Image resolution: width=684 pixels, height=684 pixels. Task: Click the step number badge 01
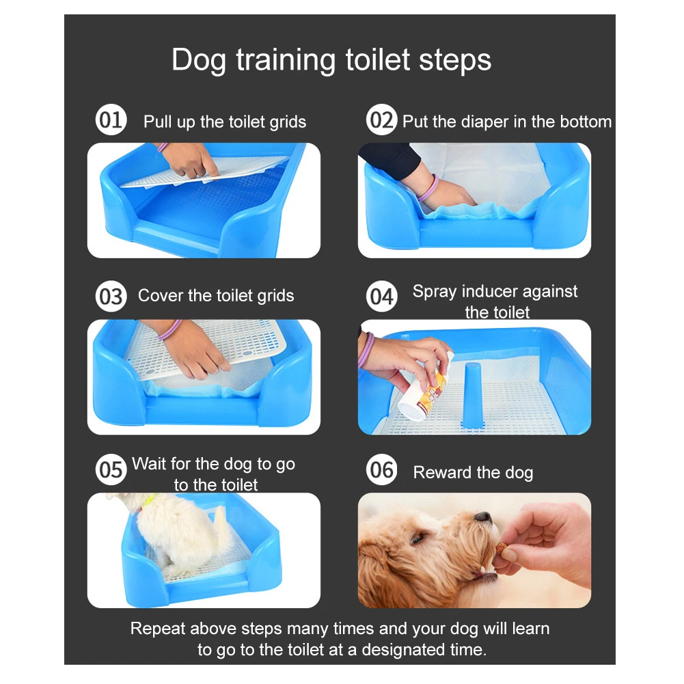[x=111, y=120]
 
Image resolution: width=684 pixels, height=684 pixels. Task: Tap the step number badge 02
[x=382, y=120]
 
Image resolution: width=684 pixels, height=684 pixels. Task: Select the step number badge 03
[x=111, y=297]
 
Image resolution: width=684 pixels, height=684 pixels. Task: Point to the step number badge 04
[x=382, y=297]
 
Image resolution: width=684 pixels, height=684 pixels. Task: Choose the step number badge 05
[x=111, y=470]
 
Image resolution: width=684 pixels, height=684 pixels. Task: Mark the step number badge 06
[x=382, y=470]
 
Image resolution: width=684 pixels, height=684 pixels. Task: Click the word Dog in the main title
[x=199, y=61]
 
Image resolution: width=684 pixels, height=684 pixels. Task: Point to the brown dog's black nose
[x=483, y=517]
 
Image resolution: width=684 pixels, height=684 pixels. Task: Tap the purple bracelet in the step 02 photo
[x=428, y=189]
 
